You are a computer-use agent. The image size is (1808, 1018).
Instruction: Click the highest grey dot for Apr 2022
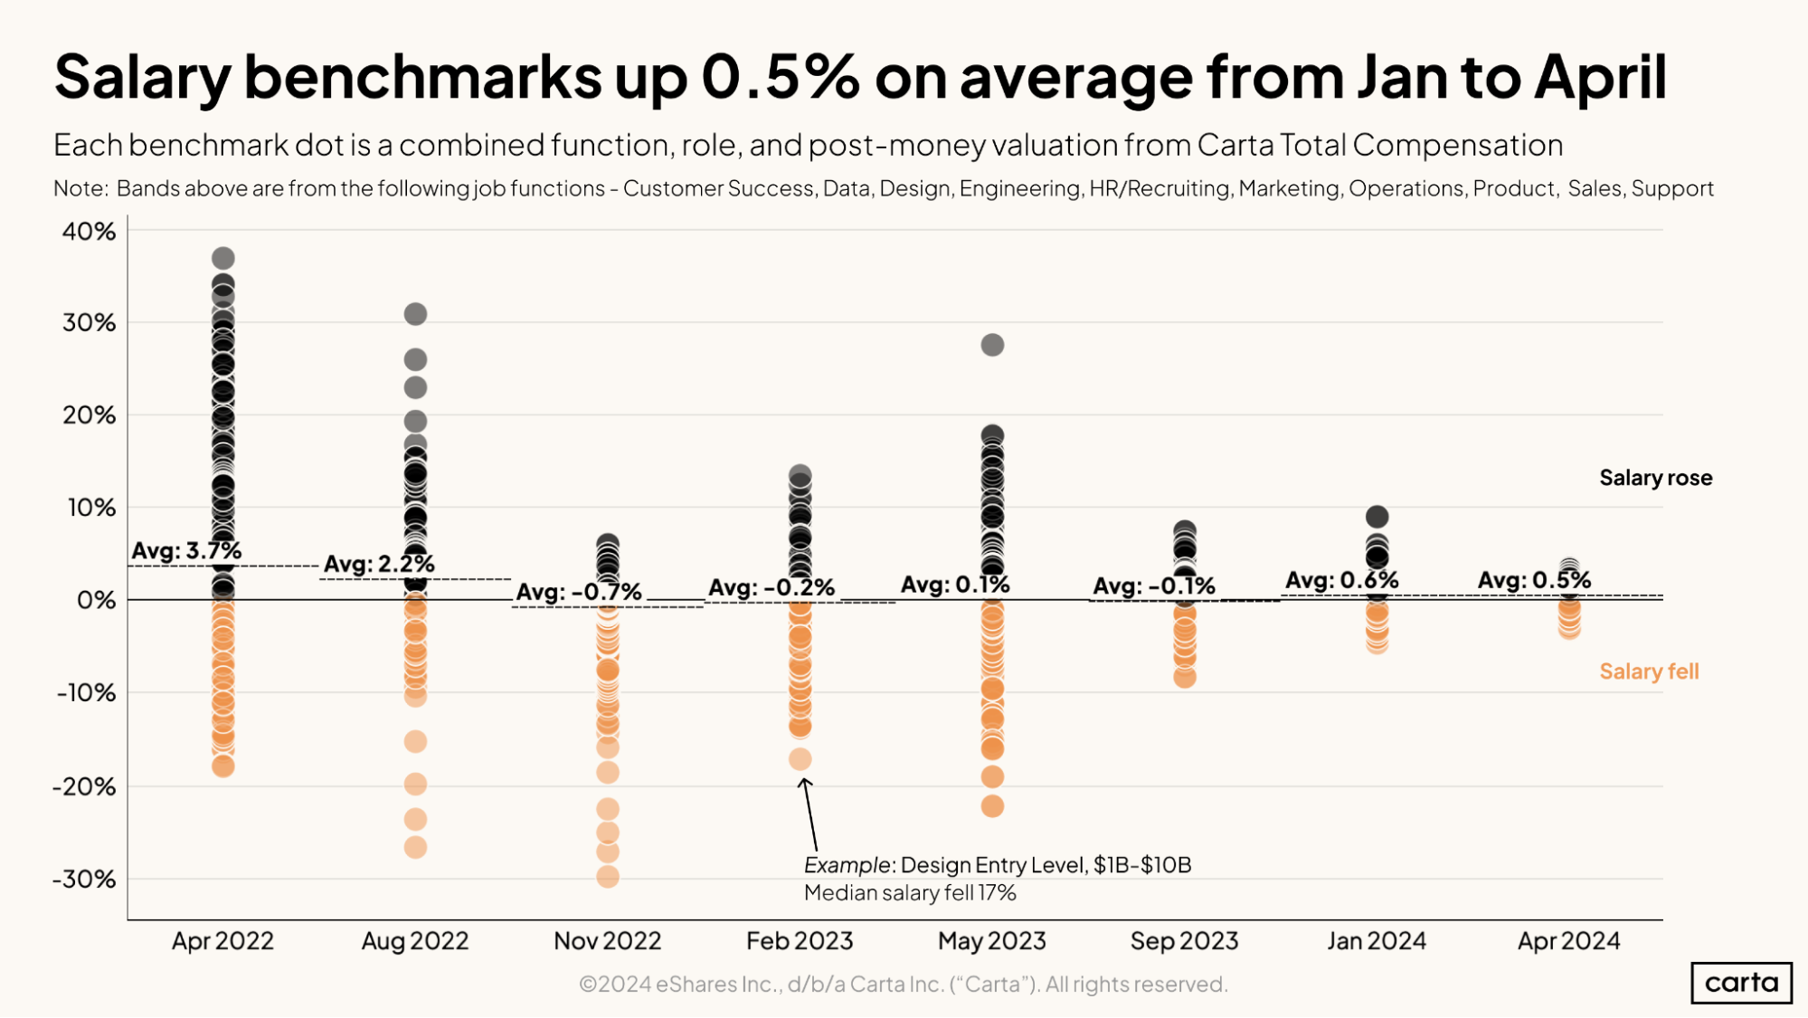tap(222, 259)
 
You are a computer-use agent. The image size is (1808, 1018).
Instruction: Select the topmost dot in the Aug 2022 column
tap(415, 314)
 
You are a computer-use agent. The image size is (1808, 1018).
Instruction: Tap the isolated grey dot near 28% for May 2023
tap(992, 345)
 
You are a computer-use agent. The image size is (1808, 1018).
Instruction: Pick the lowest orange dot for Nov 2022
tap(608, 876)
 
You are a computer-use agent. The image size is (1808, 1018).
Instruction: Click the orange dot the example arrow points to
tap(800, 759)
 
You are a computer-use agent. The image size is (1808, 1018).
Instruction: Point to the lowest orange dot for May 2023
tap(992, 805)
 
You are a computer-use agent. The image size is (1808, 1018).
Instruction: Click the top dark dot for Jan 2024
tap(1377, 517)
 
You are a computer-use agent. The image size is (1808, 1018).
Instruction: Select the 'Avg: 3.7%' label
tap(186, 550)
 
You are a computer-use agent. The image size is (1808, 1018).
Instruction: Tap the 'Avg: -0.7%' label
tap(579, 592)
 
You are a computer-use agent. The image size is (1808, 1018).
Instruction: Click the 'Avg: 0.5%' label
tap(1534, 580)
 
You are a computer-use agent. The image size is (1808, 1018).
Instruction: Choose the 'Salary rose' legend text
tap(1655, 478)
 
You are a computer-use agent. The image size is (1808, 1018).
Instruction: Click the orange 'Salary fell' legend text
tap(1649, 671)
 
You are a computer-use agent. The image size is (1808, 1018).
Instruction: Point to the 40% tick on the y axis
tap(89, 232)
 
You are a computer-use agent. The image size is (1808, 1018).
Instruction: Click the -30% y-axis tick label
tap(84, 879)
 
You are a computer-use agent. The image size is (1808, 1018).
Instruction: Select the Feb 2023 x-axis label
tap(800, 941)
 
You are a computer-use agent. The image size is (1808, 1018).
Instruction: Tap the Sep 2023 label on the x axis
tap(1184, 941)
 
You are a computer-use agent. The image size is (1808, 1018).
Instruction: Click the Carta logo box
tap(1741, 983)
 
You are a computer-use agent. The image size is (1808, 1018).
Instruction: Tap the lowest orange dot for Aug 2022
tap(415, 847)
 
